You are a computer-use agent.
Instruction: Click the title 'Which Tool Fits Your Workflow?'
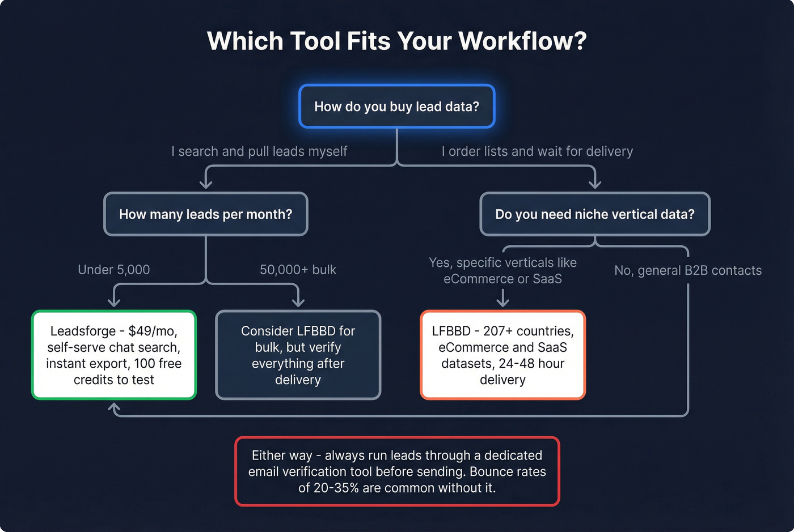(397, 41)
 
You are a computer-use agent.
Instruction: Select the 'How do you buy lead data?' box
(397, 107)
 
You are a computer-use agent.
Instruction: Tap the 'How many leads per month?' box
(205, 214)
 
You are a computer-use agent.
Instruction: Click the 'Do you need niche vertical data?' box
(594, 214)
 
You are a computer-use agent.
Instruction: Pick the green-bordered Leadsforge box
(113, 355)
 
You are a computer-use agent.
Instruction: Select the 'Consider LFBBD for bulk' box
(298, 355)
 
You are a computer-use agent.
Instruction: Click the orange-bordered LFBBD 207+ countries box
(502, 355)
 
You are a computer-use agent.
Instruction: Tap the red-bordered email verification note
(397, 471)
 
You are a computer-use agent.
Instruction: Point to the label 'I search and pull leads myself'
(259, 151)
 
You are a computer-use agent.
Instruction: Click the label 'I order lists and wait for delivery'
(537, 151)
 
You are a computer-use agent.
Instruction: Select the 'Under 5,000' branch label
(114, 270)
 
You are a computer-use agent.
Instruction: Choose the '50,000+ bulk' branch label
(298, 270)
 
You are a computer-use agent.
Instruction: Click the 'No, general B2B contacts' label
(688, 271)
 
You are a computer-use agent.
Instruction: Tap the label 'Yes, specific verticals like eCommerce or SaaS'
(502, 271)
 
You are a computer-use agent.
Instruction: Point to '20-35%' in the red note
(336, 488)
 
